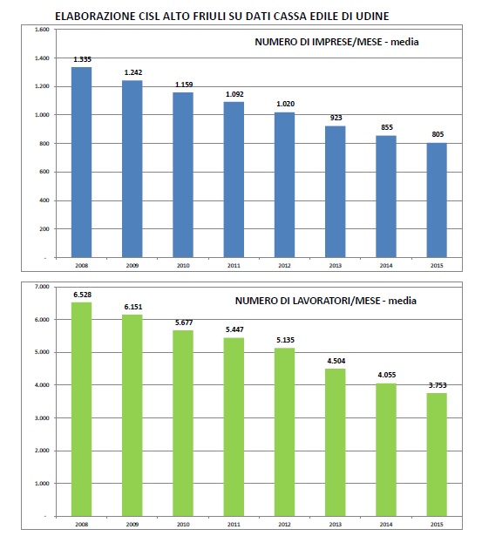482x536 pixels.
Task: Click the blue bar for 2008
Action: tap(81, 162)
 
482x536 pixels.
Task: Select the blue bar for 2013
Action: tap(336, 192)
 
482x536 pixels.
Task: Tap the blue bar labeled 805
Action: tap(437, 200)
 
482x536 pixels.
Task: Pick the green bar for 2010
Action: tap(183, 424)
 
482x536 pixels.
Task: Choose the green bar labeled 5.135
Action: tap(284, 432)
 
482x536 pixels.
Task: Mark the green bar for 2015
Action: tap(437, 455)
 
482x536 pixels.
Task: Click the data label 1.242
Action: tap(133, 72)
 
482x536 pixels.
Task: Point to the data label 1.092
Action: tap(234, 94)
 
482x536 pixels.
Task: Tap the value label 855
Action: tap(387, 127)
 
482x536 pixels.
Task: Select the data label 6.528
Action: tap(83, 295)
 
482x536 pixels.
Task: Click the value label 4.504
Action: tap(336, 361)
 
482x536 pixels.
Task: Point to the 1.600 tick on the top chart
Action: tap(42, 30)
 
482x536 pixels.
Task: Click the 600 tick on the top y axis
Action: tap(44, 172)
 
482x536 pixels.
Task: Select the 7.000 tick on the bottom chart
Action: tap(42, 287)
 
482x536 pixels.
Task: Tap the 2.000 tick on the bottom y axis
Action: tap(42, 451)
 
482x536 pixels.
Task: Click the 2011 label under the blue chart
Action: tap(234, 266)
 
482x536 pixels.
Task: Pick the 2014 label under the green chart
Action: tap(386, 525)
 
